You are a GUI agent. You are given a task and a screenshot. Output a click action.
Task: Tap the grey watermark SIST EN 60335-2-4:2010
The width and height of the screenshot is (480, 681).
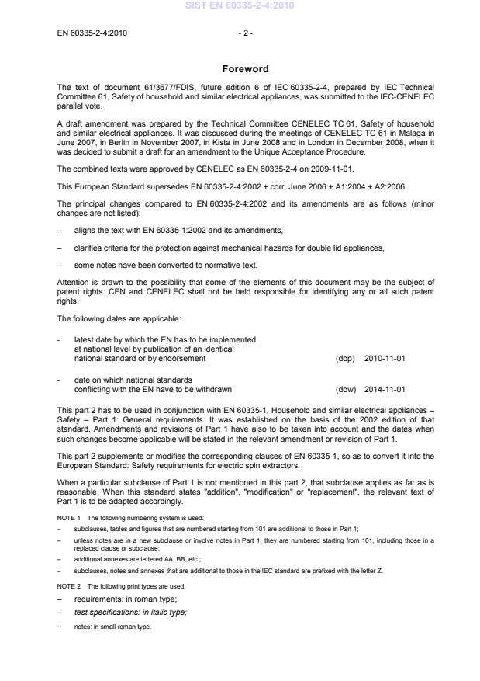tap(240, 6)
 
